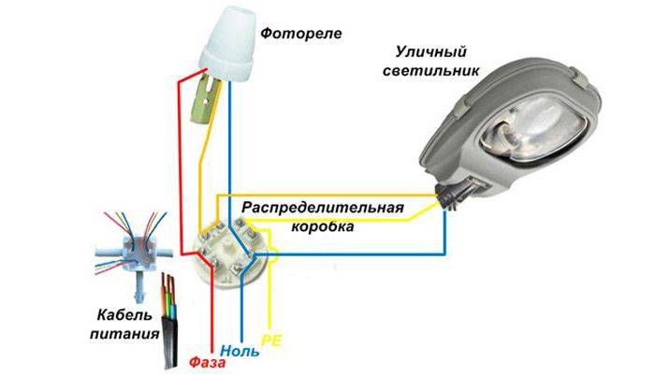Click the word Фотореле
301,35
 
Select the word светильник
436,70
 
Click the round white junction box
228,249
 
